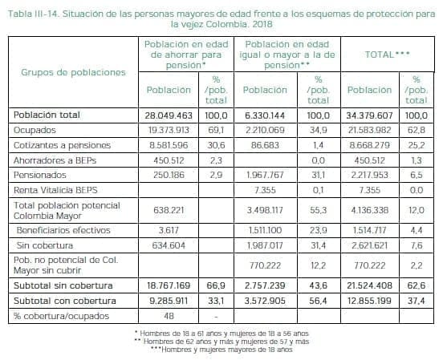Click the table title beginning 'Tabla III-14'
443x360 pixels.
[221, 18]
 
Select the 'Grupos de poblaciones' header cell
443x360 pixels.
[74, 71]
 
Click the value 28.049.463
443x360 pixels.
[169, 115]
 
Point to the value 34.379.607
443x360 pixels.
[370, 115]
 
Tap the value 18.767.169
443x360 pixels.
[169, 285]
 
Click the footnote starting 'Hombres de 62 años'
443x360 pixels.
[221, 340]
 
